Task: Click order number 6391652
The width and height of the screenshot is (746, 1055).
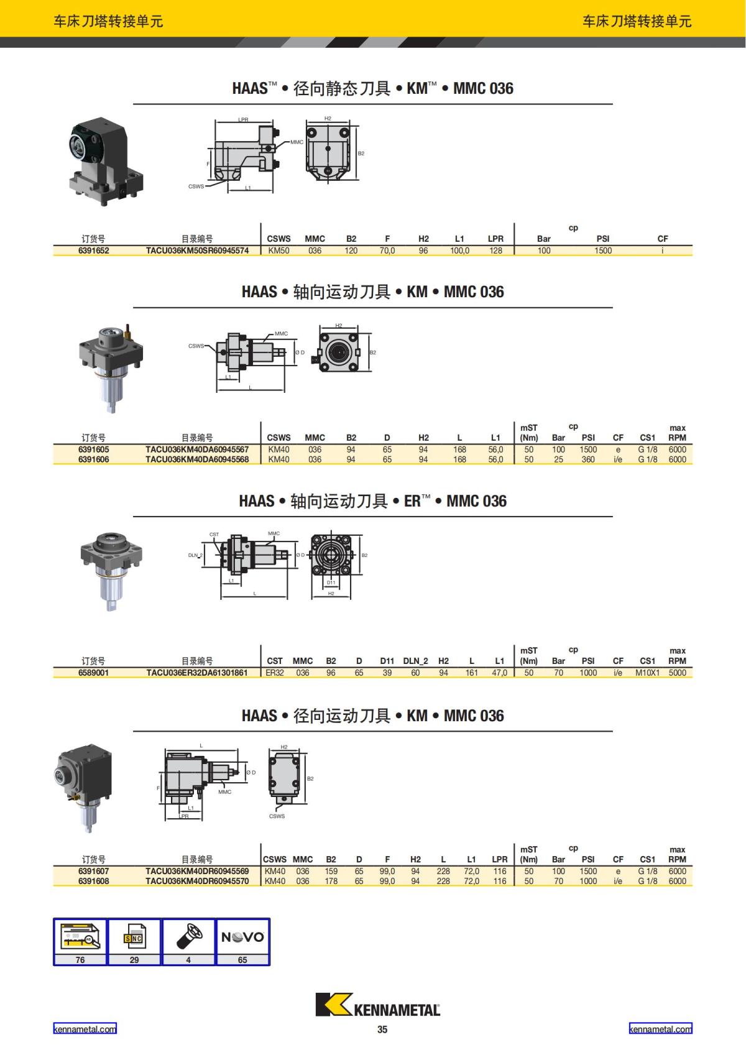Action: point(93,251)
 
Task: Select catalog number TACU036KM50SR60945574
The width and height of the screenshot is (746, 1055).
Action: point(197,251)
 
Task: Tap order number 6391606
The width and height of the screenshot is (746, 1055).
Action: point(93,459)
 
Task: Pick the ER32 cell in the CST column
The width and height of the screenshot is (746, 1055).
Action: point(275,673)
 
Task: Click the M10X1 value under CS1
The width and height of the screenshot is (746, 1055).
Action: point(647,673)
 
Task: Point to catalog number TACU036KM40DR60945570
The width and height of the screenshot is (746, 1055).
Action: point(197,881)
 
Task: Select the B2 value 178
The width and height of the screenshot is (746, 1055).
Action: point(331,881)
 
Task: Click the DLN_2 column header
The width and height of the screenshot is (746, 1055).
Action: point(415,661)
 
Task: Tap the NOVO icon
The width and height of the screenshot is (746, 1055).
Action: point(242,937)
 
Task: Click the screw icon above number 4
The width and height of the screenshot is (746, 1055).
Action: point(189,937)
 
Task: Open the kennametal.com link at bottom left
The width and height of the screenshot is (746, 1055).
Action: point(85,1029)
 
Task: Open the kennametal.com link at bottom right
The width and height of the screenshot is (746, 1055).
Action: point(660,1029)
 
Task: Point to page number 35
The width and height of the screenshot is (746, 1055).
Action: point(382,1030)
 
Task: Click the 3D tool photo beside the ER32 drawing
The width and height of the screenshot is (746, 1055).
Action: point(111,571)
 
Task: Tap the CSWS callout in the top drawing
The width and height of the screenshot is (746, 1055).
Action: point(196,186)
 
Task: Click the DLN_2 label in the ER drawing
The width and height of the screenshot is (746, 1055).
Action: point(195,555)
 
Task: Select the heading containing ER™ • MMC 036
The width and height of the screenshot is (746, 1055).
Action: point(372,500)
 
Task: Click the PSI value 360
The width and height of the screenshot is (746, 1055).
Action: point(587,459)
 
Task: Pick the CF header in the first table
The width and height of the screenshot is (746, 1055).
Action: point(662,239)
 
